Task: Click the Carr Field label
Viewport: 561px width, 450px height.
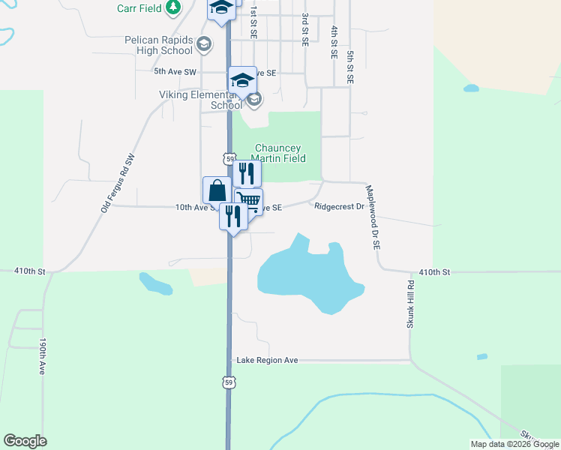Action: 140,8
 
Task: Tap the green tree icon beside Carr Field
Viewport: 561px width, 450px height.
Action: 173,7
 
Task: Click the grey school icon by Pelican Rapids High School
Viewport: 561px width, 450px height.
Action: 203,45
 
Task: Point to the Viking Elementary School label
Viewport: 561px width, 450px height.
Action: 200,100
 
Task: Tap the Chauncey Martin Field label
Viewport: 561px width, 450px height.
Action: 280,153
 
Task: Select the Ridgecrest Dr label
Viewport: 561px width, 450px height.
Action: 339,206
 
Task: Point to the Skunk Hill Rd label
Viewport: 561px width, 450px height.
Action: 409,303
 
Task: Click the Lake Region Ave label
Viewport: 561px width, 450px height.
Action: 267,361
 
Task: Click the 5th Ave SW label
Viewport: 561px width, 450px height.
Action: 175,72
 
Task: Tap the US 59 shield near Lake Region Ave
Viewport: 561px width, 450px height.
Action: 229,382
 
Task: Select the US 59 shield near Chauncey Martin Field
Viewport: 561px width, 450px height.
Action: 229,158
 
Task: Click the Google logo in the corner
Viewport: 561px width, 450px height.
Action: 25,441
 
